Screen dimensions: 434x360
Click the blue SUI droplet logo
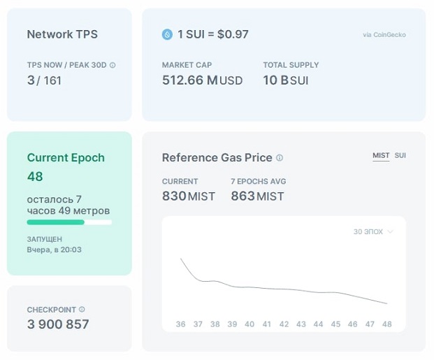tap(167, 35)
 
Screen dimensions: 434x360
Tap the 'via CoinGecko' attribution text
tap(384, 35)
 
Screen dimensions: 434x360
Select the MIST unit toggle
tap(381, 156)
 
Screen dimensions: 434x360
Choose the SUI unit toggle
tap(400, 156)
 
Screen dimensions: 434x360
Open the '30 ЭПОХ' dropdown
tap(373, 232)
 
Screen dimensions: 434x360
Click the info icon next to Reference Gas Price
tap(280, 158)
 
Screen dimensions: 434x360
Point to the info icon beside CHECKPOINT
tap(82, 310)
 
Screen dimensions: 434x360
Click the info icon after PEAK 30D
tap(113, 65)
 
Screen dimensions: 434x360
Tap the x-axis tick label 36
tap(180, 324)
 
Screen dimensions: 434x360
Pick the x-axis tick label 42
tap(284, 324)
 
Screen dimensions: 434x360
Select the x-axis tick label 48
tap(387, 324)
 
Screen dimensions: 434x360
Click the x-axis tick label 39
tap(232, 324)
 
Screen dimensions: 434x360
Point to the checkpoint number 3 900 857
tap(58, 324)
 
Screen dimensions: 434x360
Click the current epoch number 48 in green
tap(35, 176)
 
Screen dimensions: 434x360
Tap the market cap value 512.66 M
tap(190, 80)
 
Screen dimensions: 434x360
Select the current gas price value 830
tap(174, 196)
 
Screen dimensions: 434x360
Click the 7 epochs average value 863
tap(243, 196)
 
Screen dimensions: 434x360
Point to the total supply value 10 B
tap(275, 80)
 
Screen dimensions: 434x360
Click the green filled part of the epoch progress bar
tap(56, 222)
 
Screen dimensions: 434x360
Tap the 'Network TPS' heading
tap(62, 34)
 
